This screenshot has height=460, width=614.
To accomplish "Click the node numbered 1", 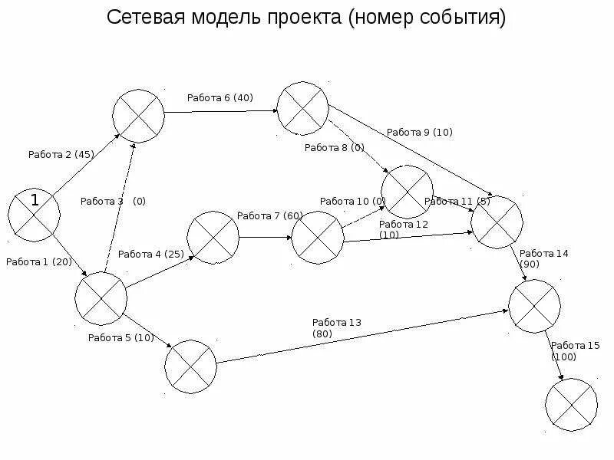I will click(x=35, y=212).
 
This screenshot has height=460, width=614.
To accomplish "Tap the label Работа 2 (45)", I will click(x=61, y=154).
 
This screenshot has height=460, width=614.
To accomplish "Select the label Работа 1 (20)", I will click(x=38, y=262).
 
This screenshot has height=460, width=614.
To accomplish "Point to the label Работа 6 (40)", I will click(x=220, y=97).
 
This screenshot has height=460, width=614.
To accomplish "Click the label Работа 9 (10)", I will click(x=420, y=132).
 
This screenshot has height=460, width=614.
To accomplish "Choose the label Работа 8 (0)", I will click(x=335, y=148).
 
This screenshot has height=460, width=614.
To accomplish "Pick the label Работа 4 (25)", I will click(x=150, y=254).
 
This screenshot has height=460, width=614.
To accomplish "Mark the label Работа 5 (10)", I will click(x=121, y=337).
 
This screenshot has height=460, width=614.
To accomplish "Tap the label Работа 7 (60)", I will click(x=270, y=215).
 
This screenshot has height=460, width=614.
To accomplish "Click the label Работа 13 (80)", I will click(x=336, y=328).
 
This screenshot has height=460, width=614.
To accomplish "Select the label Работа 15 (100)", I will click(x=575, y=351).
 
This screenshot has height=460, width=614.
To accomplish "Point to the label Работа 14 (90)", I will click(x=544, y=258).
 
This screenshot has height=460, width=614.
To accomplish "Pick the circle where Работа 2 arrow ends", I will click(x=138, y=116).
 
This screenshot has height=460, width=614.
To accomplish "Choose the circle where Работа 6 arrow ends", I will click(x=302, y=107).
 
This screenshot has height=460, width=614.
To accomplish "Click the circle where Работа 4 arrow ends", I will click(x=213, y=238).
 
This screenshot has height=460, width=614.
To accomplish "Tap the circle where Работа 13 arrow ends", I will click(x=535, y=306).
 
